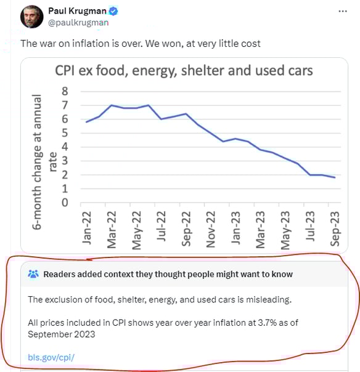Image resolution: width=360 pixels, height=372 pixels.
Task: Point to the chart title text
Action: click(x=184, y=70)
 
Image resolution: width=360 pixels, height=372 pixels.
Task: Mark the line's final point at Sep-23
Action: click(x=335, y=177)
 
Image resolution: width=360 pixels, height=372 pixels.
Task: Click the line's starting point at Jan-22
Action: click(x=87, y=122)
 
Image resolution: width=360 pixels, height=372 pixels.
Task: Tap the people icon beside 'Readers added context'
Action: click(x=33, y=274)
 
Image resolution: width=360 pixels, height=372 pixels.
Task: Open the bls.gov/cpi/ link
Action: click(x=51, y=357)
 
